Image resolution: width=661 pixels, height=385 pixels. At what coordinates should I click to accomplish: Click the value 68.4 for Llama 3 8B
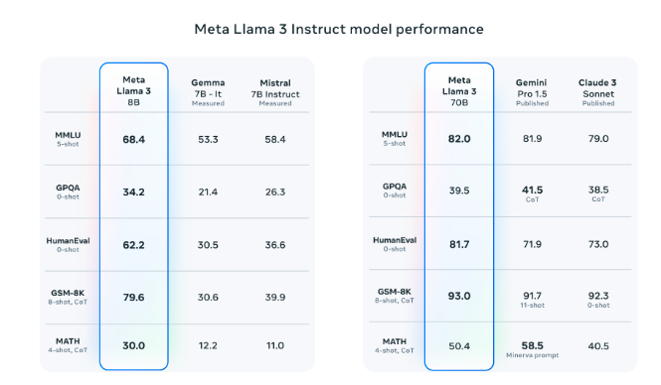[134, 139]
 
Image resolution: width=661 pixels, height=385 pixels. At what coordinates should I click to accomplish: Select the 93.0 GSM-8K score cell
[458, 296]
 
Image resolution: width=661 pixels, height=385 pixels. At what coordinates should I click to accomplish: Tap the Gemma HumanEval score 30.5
[208, 244]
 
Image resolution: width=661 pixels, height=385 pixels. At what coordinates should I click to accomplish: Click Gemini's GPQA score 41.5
[532, 189]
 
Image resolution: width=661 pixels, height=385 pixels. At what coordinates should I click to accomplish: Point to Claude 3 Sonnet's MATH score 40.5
[598, 345]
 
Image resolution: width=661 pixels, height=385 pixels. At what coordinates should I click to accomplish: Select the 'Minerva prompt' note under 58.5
[532, 354]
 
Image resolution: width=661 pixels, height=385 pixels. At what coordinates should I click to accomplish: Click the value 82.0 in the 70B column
[458, 139]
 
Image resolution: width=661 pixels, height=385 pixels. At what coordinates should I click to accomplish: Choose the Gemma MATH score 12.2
[208, 345]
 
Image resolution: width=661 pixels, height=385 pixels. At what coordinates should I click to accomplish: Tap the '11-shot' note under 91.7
[532, 304]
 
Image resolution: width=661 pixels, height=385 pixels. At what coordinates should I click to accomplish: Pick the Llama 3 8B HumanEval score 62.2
[134, 244]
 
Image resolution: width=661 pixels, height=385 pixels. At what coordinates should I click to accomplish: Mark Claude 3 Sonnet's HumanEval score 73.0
[598, 244]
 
